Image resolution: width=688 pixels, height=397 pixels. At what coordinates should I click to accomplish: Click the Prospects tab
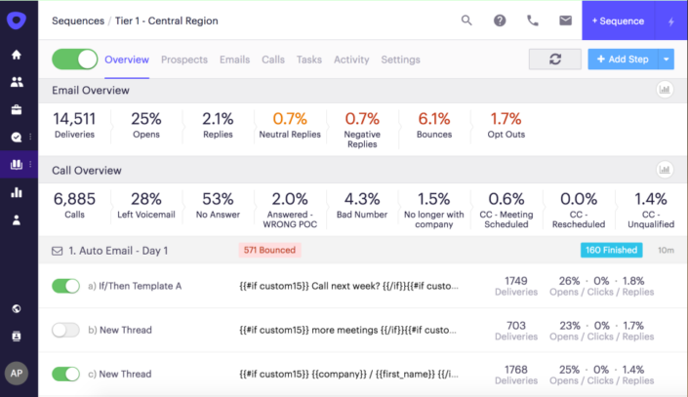pos(183,60)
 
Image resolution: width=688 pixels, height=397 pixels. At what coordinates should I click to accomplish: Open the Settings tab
pos(400,60)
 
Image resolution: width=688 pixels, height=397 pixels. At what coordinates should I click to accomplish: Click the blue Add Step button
pos(622,60)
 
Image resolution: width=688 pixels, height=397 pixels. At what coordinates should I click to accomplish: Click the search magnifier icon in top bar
pos(466,20)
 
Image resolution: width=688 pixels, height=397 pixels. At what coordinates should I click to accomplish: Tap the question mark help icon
pos(500,20)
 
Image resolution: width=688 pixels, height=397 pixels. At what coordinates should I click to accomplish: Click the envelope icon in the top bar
pos(565,20)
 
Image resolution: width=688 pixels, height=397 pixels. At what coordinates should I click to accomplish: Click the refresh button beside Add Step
pos(554,60)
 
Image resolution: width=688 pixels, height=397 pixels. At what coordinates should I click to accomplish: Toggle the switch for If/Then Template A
pos(65,286)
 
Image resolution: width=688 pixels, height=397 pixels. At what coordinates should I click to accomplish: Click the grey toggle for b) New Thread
pos(65,330)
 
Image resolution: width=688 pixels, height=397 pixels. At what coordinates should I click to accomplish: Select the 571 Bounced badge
pos(269,251)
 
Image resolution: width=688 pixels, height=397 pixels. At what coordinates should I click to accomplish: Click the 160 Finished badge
pos(612,251)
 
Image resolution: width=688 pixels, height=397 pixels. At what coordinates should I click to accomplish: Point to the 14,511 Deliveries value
pos(74,118)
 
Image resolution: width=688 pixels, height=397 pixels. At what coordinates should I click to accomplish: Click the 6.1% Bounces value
pos(434,118)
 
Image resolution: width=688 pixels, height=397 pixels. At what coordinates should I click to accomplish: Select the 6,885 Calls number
pos(74,198)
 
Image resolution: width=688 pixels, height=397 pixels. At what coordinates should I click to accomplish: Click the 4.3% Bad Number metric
pos(362,198)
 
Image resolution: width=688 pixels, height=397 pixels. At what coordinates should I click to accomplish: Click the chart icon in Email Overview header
pos(665,90)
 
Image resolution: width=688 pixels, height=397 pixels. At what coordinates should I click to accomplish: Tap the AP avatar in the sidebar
pos(17,373)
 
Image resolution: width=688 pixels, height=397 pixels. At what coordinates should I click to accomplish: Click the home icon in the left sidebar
pos(17,55)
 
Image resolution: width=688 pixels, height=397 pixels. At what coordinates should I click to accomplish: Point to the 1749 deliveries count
pos(516,281)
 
